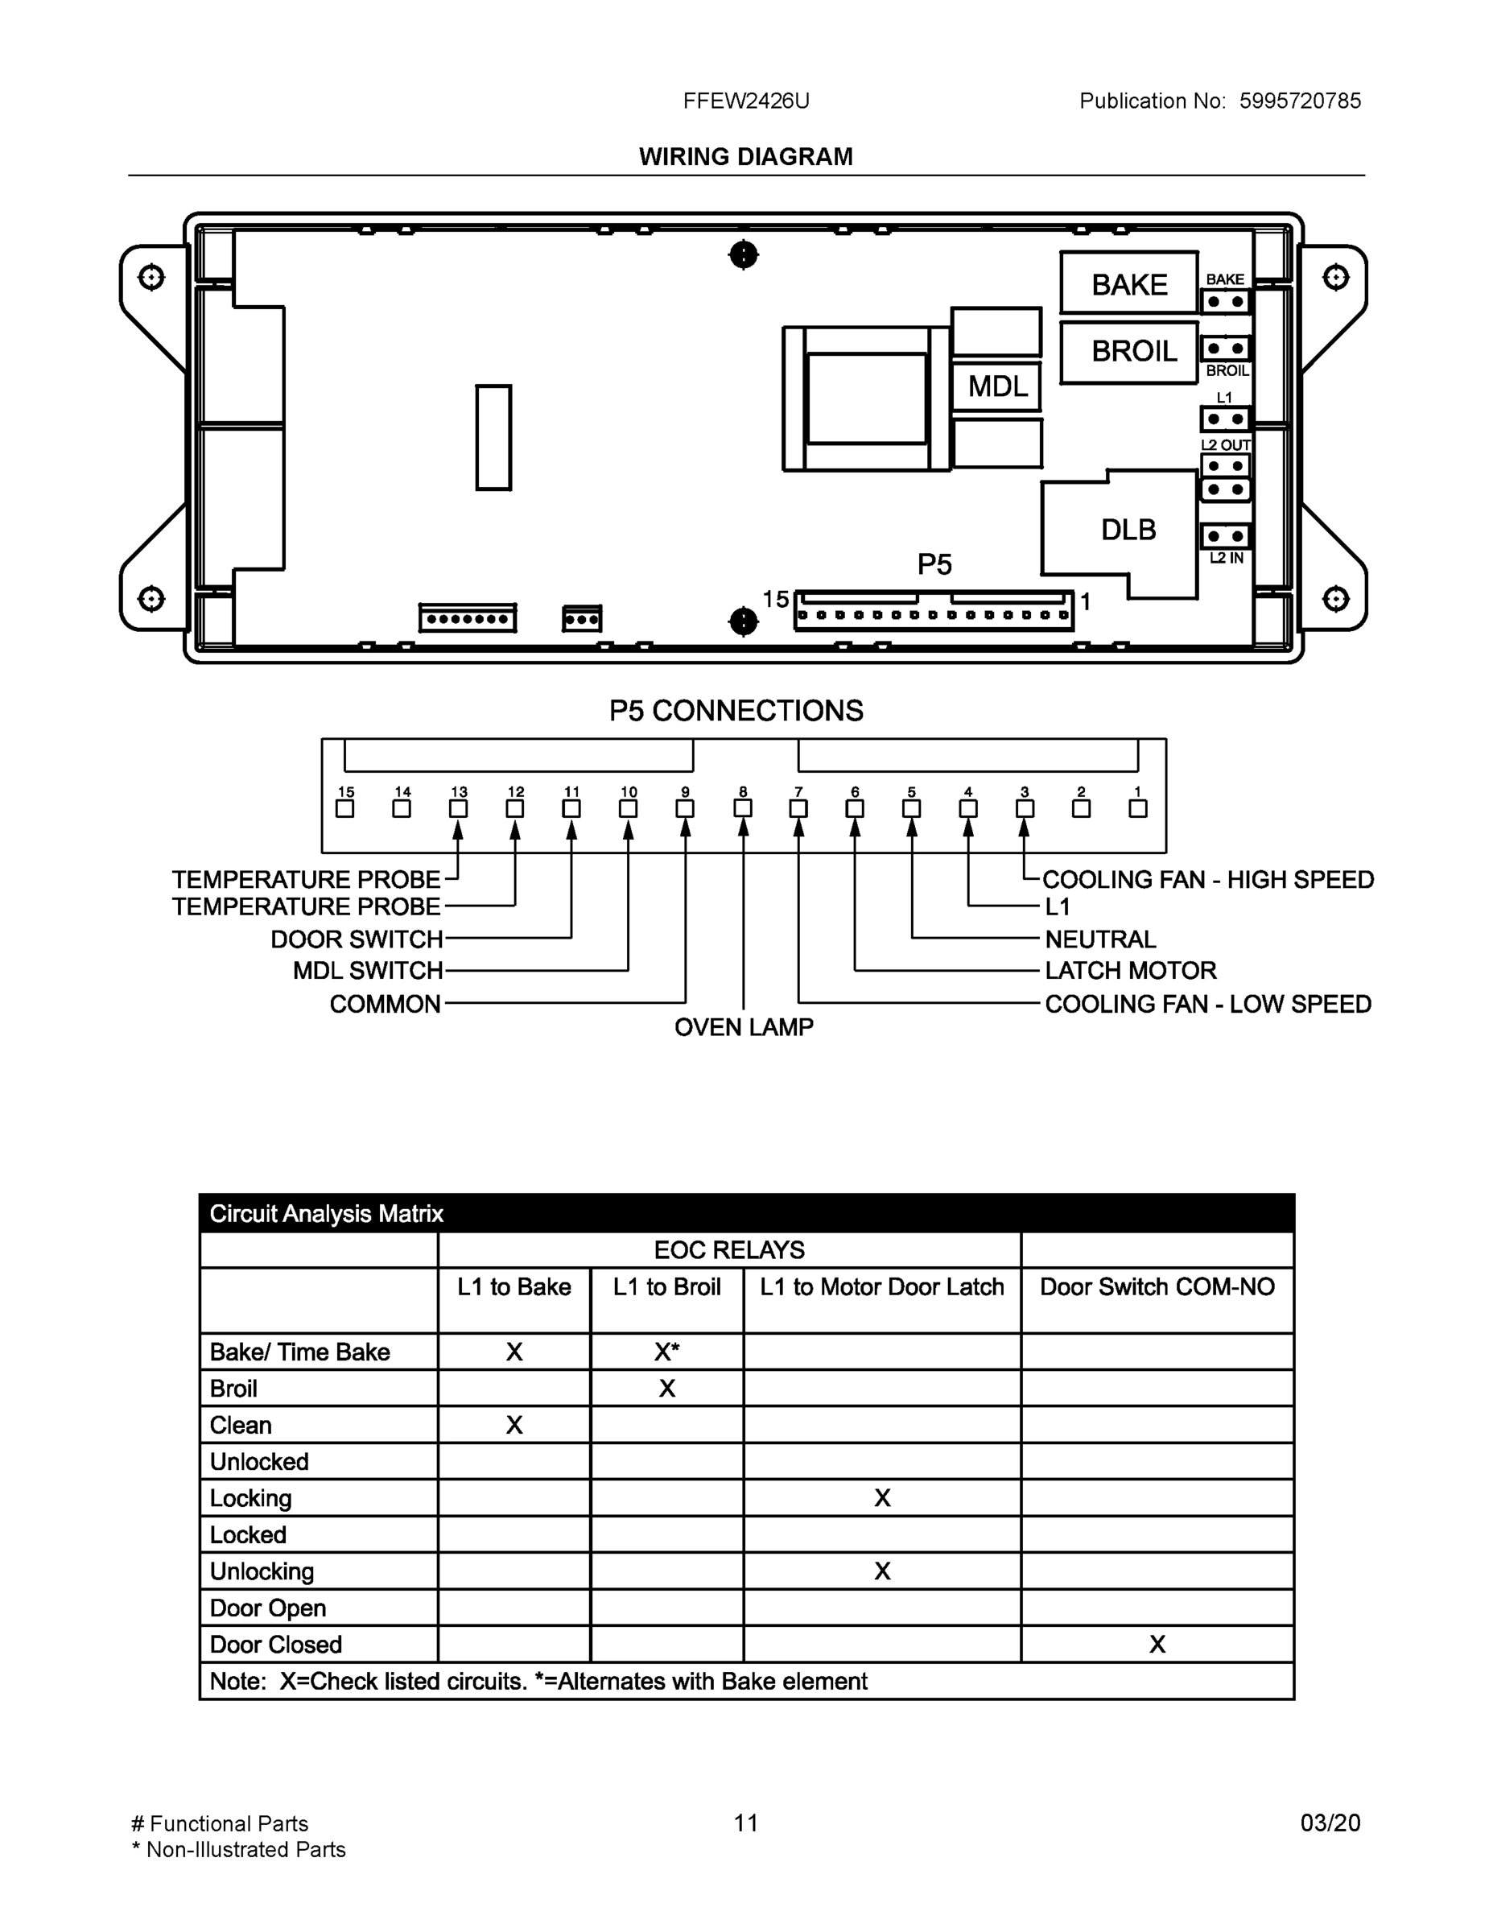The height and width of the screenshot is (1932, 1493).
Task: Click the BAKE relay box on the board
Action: tap(1128, 284)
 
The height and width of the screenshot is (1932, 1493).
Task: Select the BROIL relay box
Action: tap(1128, 351)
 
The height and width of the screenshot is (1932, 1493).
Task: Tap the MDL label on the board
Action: tap(996, 386)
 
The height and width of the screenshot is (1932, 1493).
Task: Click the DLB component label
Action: tap(1128, 530)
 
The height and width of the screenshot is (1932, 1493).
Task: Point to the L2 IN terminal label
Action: tap(1226, 558)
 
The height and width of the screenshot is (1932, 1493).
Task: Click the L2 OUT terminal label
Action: tap(1225, 445)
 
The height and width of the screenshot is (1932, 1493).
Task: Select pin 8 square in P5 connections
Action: tap(743, 808)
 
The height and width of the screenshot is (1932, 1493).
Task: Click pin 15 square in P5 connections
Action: tap(345, 808)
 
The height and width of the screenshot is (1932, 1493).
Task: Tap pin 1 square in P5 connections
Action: tap(1138, 808)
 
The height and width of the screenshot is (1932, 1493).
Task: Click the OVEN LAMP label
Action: tap(743, 1027)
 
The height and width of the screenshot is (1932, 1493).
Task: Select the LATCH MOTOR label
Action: tap(1130, 970)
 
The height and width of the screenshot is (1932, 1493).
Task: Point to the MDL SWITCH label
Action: tap(368, 970)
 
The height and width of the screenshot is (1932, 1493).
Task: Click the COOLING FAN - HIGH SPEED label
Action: tap(1207, 879)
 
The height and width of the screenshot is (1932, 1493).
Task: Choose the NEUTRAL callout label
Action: tap(1100, 939)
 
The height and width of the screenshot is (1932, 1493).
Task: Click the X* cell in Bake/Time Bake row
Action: tap(667, 1352)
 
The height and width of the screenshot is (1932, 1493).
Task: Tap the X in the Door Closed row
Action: tap(1157, 1645)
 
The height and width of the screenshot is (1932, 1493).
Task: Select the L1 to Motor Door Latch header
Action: tap(882, 1287)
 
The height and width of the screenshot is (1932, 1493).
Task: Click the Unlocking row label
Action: tap(262, 1571)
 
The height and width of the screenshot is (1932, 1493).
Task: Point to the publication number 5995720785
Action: tap(1299, 101)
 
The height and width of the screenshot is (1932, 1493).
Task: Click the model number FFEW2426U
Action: tap(745, 101)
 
